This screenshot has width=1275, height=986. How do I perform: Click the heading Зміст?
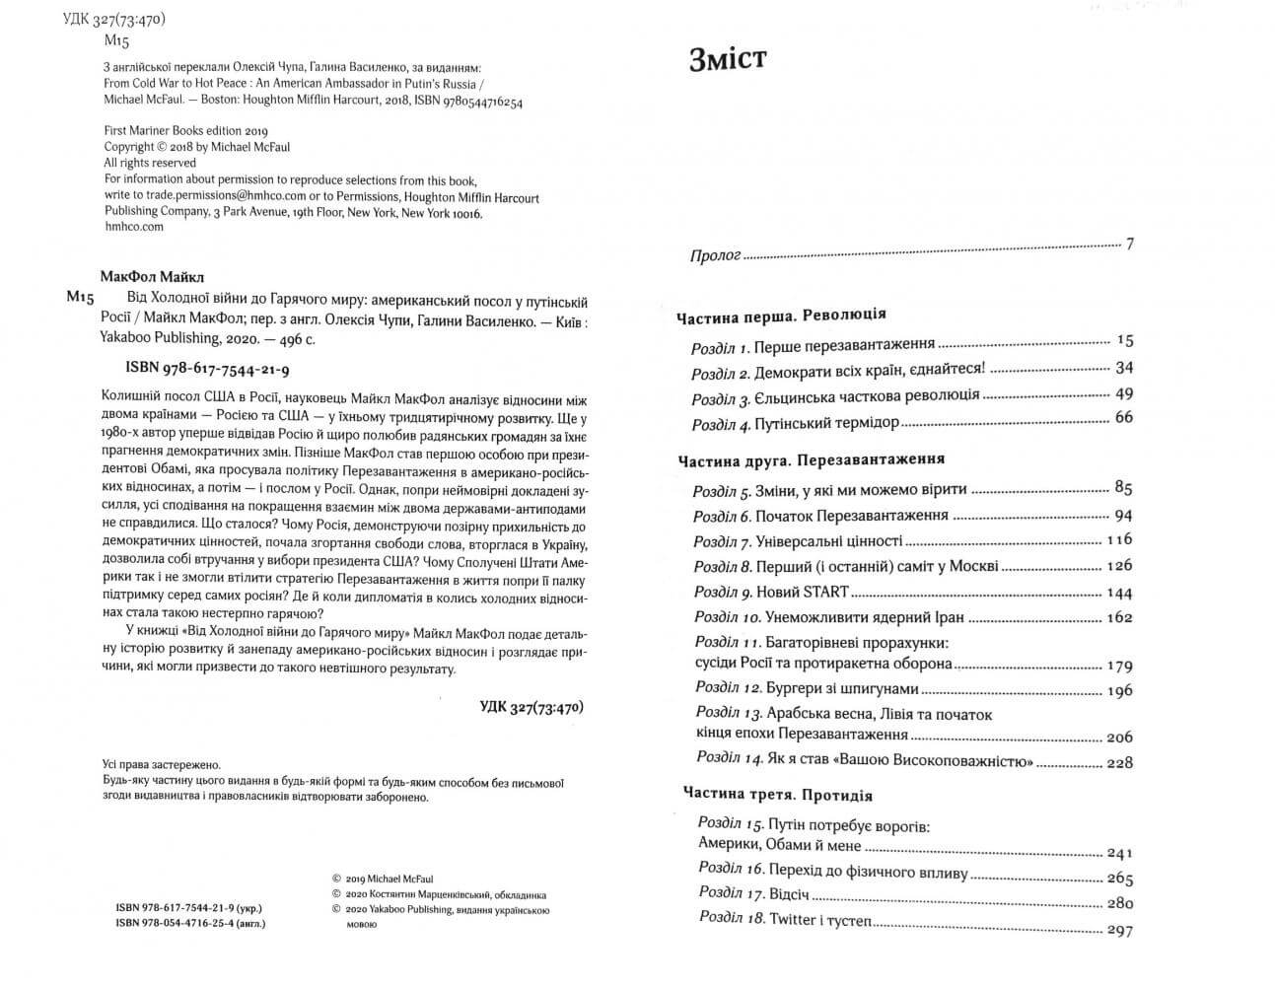coord(727,59)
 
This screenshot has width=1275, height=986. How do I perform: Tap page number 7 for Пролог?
coord(1129,243)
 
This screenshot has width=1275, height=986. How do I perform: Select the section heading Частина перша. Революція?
coord(781,316)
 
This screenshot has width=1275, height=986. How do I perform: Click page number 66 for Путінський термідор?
coord(1122,418)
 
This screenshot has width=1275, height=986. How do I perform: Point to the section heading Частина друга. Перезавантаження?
coord(811,459)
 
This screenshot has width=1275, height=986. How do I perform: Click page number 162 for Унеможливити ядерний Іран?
coord(1119,618)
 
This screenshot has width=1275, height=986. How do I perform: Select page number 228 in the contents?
coord(1119,762)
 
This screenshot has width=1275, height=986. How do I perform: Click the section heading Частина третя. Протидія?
coord(777,795)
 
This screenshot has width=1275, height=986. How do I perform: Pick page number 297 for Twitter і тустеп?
coord(1119,930)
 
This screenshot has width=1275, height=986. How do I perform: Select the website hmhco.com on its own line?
coord(133,226)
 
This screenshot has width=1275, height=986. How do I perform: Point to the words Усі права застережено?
coord(162,764)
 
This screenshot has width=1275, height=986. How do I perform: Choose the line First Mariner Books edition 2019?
coord(186,130)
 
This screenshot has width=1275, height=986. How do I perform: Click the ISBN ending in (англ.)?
coord(190,924)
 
